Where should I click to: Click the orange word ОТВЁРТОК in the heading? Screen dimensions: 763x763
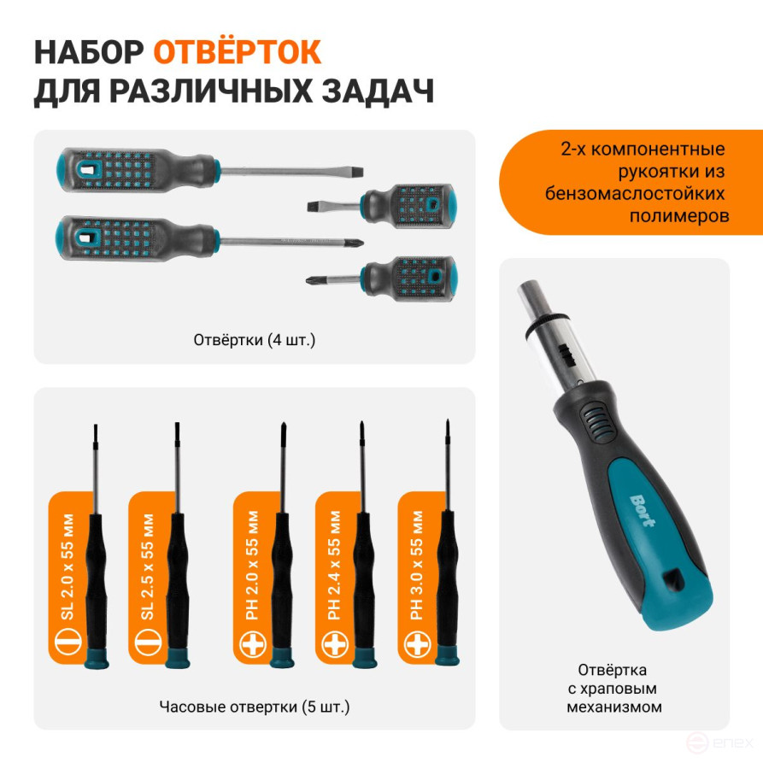pyautogui.click(x=237, y=52)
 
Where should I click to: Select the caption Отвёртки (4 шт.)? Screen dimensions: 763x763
pyautogui.click(x=255, y=340)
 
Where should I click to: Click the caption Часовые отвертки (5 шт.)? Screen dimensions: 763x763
pyautogui.click(x=255, y=707)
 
